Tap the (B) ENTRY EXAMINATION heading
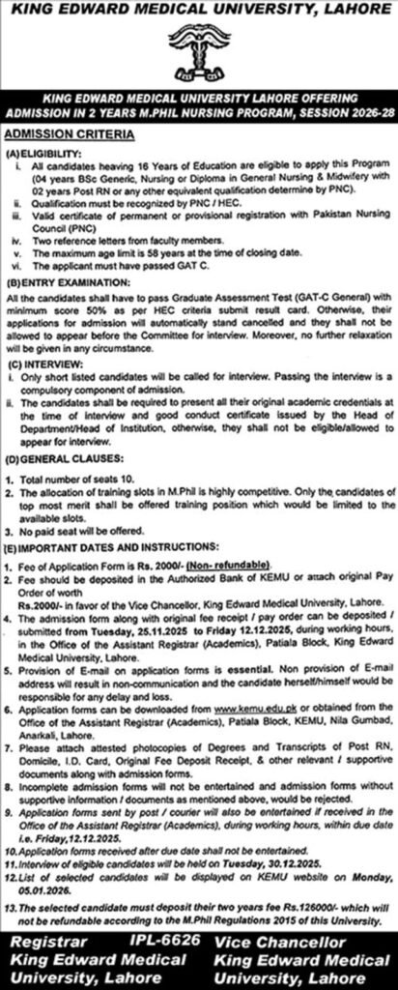(x=60, y=283)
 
